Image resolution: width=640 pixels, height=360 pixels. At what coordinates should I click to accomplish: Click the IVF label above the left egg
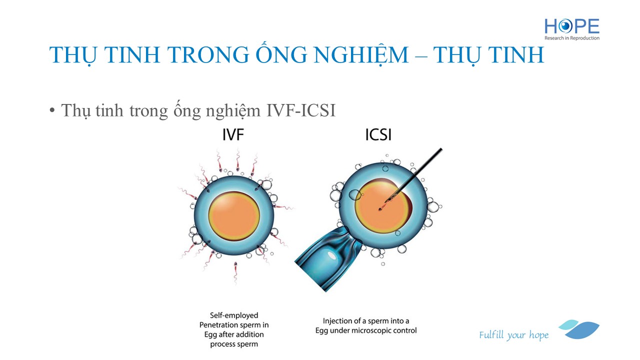coord(233,135)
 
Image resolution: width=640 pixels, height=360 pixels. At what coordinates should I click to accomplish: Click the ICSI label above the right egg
coord(378,135)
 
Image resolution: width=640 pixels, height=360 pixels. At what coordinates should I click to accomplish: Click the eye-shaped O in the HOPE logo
coord(565,26)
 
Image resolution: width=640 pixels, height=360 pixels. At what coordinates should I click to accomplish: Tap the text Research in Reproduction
coord(571,38)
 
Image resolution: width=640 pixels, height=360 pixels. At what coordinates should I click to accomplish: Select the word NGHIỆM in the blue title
coord(361,55)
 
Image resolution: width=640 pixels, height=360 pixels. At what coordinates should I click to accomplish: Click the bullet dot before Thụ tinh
coord(51,110)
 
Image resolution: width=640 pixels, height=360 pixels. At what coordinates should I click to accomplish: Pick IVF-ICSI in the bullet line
coord(301,110)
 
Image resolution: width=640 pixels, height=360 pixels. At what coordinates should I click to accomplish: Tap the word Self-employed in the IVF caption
coord(234,315)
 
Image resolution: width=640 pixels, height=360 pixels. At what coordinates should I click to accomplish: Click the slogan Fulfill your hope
coord(513,335)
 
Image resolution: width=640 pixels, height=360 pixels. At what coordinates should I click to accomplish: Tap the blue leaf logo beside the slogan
coord(579,329)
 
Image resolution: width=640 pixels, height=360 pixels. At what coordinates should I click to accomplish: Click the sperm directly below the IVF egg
coord(235,271)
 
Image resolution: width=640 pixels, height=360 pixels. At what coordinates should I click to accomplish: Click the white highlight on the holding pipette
coord(331,255)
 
